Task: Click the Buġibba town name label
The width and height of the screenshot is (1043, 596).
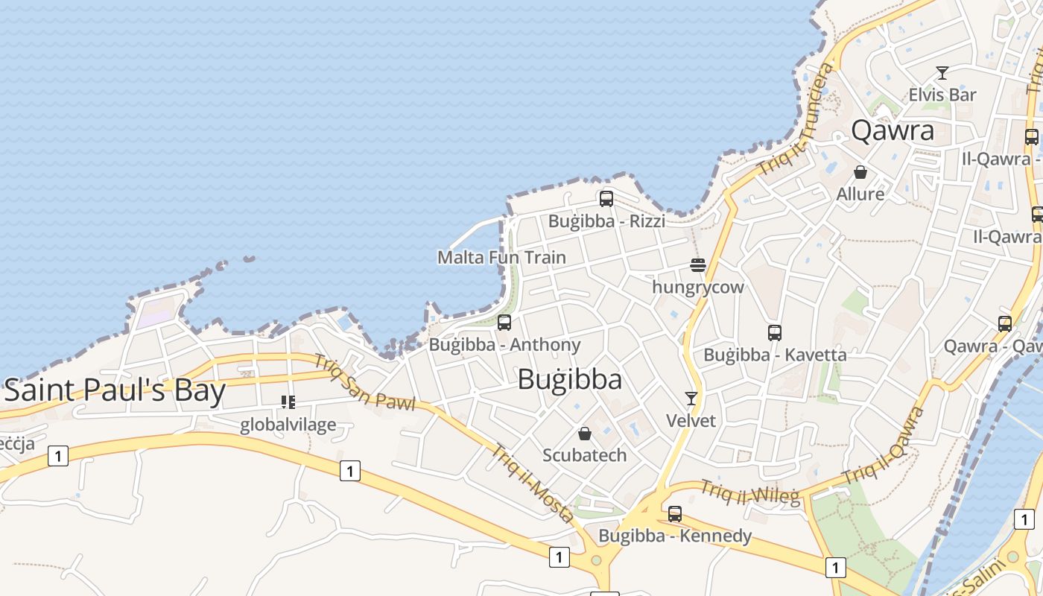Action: coord(570,380)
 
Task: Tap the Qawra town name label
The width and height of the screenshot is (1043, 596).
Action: coord(893,130)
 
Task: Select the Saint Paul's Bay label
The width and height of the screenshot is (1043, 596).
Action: coord(114,390)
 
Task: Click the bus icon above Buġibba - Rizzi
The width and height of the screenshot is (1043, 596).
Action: coord(606,199)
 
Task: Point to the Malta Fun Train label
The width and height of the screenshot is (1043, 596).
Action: coord(501,258)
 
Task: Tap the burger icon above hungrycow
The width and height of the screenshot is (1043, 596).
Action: coord(697,264)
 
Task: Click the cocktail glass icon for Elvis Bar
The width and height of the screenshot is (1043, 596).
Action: coord(942,73)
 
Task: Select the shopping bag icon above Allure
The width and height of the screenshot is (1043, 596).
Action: coord(860,172)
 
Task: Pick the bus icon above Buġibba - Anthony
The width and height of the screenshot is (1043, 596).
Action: coord(504,323)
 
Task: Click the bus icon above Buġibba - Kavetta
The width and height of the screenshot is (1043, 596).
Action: coord(775,333)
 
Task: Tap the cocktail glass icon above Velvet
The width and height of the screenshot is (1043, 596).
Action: coord(691,399)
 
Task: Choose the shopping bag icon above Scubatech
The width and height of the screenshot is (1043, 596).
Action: coord(585,433)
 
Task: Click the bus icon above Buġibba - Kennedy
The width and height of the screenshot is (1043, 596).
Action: coord(675,513)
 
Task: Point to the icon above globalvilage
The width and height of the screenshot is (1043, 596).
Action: coord(288,403)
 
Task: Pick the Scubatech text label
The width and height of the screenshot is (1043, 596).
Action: coord(585,455)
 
